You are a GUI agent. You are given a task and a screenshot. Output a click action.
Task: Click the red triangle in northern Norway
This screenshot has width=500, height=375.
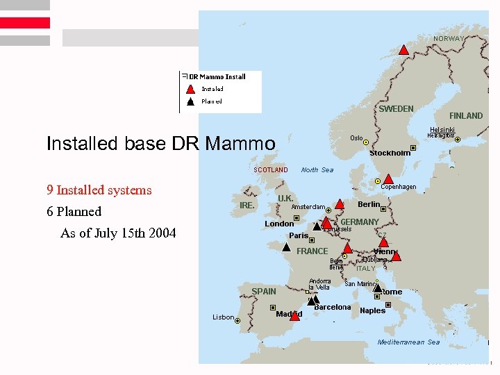coord(403,50)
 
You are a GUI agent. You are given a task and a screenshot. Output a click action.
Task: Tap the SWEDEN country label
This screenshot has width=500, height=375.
coord(396,109)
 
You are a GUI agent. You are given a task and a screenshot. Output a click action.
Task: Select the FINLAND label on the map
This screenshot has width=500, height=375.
coord(465,116)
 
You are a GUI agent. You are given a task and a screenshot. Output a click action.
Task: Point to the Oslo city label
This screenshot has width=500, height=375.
coord(356,137)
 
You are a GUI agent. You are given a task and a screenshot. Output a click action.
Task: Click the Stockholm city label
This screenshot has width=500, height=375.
coord(390,153)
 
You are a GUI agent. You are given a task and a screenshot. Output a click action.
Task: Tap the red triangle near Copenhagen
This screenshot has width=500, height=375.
coord(388,178)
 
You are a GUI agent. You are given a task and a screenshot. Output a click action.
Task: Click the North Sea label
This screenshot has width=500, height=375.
coord(317,170)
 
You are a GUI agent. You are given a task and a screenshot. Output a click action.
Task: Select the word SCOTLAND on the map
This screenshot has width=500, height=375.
coord(270,170)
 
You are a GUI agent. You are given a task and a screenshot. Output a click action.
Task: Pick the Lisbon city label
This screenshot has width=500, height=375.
coord(223,317)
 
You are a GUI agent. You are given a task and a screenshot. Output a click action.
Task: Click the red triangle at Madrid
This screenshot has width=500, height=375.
coord(295,316)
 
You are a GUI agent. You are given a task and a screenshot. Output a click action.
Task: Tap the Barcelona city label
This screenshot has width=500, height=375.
coord(333,307)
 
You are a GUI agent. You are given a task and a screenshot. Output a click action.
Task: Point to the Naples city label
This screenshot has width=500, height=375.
coord(372,310)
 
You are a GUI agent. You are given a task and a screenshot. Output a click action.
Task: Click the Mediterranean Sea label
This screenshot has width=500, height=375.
coord(408,342)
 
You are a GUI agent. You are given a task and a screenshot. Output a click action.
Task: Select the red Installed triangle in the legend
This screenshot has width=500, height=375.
coord(190,89)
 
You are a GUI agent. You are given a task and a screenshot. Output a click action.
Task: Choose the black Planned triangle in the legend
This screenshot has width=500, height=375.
coord(190,101)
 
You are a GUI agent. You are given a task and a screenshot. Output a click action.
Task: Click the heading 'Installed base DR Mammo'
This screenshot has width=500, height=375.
coord(160,144)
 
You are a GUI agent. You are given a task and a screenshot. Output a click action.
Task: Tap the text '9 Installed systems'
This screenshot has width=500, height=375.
coord(99,190)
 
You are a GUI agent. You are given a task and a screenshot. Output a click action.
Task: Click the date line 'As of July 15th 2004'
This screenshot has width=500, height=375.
coord(118,233)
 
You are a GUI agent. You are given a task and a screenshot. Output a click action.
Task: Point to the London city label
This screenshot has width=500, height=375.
coord(279,224)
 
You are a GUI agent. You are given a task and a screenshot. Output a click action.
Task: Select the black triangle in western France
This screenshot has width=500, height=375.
coord(286,246)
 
